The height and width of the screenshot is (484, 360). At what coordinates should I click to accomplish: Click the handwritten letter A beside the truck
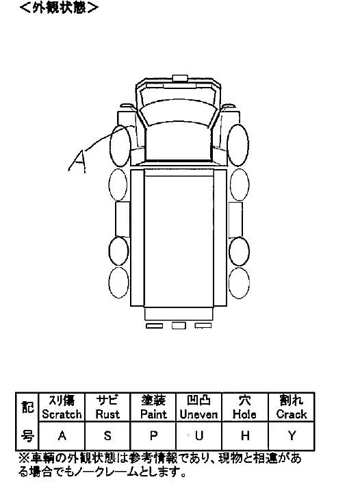click(x=77, y=160)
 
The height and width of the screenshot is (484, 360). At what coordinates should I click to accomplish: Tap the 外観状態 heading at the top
click(x=59, y=8)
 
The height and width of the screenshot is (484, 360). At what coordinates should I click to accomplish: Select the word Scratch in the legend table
click(x=62, y=414)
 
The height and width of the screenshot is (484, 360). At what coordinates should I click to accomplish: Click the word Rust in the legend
click(x=107, y=414)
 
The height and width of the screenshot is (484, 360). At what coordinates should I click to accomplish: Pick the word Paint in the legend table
click(x=153, y=414)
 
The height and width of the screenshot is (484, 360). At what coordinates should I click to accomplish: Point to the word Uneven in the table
click(x=198, y=414)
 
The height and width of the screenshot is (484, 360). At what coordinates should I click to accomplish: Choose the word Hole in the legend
click(x=244, y=414)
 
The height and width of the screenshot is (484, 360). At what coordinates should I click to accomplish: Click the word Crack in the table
click(x=292, y=414)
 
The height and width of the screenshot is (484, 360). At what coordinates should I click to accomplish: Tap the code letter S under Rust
click(x=107, y=435)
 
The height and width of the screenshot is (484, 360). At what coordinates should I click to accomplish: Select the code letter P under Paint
click(x=153, y=435)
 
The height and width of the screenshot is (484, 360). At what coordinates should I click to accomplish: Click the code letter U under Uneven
click(x=199, y=435)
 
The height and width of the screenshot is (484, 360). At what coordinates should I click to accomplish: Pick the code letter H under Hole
click(x=245, y=435)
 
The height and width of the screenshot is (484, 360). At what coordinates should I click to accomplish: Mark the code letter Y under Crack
click(x=292, y=435)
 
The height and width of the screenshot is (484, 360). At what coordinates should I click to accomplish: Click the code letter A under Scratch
click(x=62, y=435)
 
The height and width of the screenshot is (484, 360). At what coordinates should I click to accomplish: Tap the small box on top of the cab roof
click(x=180, y=78)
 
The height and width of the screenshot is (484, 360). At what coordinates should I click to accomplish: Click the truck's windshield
click(x=178, y=114)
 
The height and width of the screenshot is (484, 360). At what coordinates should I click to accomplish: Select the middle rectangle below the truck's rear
click(x=179, y=326)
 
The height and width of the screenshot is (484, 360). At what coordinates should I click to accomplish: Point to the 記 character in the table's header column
click(x=27, y=407)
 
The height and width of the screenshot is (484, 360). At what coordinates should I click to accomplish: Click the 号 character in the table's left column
click(x=27, y=436)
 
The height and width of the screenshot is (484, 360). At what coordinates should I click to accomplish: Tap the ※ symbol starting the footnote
click(x=24, y=459)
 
